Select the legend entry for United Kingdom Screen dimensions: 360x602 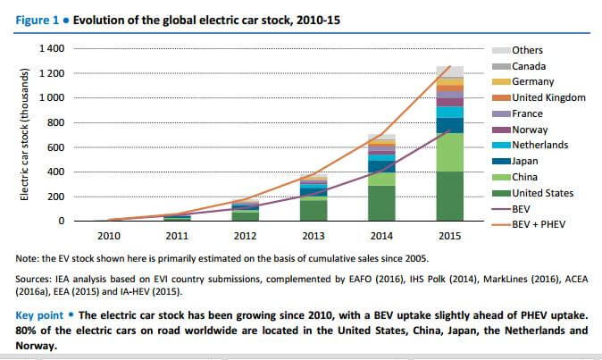(548, 97)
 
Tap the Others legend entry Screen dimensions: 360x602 (527, 50)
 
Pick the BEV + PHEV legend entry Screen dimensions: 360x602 (539, 224)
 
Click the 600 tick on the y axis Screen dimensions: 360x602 (57, 147)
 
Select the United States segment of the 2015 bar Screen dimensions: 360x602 (449, 196)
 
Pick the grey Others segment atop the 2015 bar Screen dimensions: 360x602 (449, 71)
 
